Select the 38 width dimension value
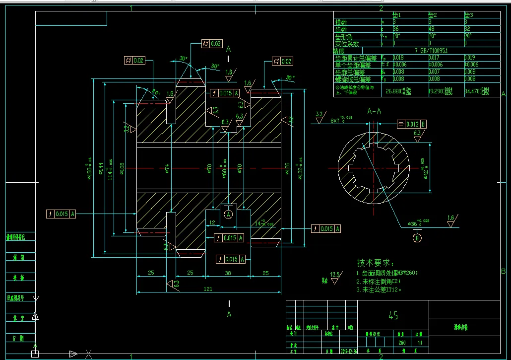[x=228, y=273]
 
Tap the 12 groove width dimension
[x=212, y=222]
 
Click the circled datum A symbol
[x=228, y=214]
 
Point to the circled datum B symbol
[x=417, y=238]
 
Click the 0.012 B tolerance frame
[x=412, y=124]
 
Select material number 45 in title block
[x=393, y=315]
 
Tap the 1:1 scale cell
[x=420, y=343]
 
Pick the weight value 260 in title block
[x=401, y=343]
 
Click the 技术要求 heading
[x=376, y=262]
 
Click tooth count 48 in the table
[x=431, y=29]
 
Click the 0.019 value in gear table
[x=470, y=58]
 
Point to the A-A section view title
[x=374, y=111]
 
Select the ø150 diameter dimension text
[x=89, y=166]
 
